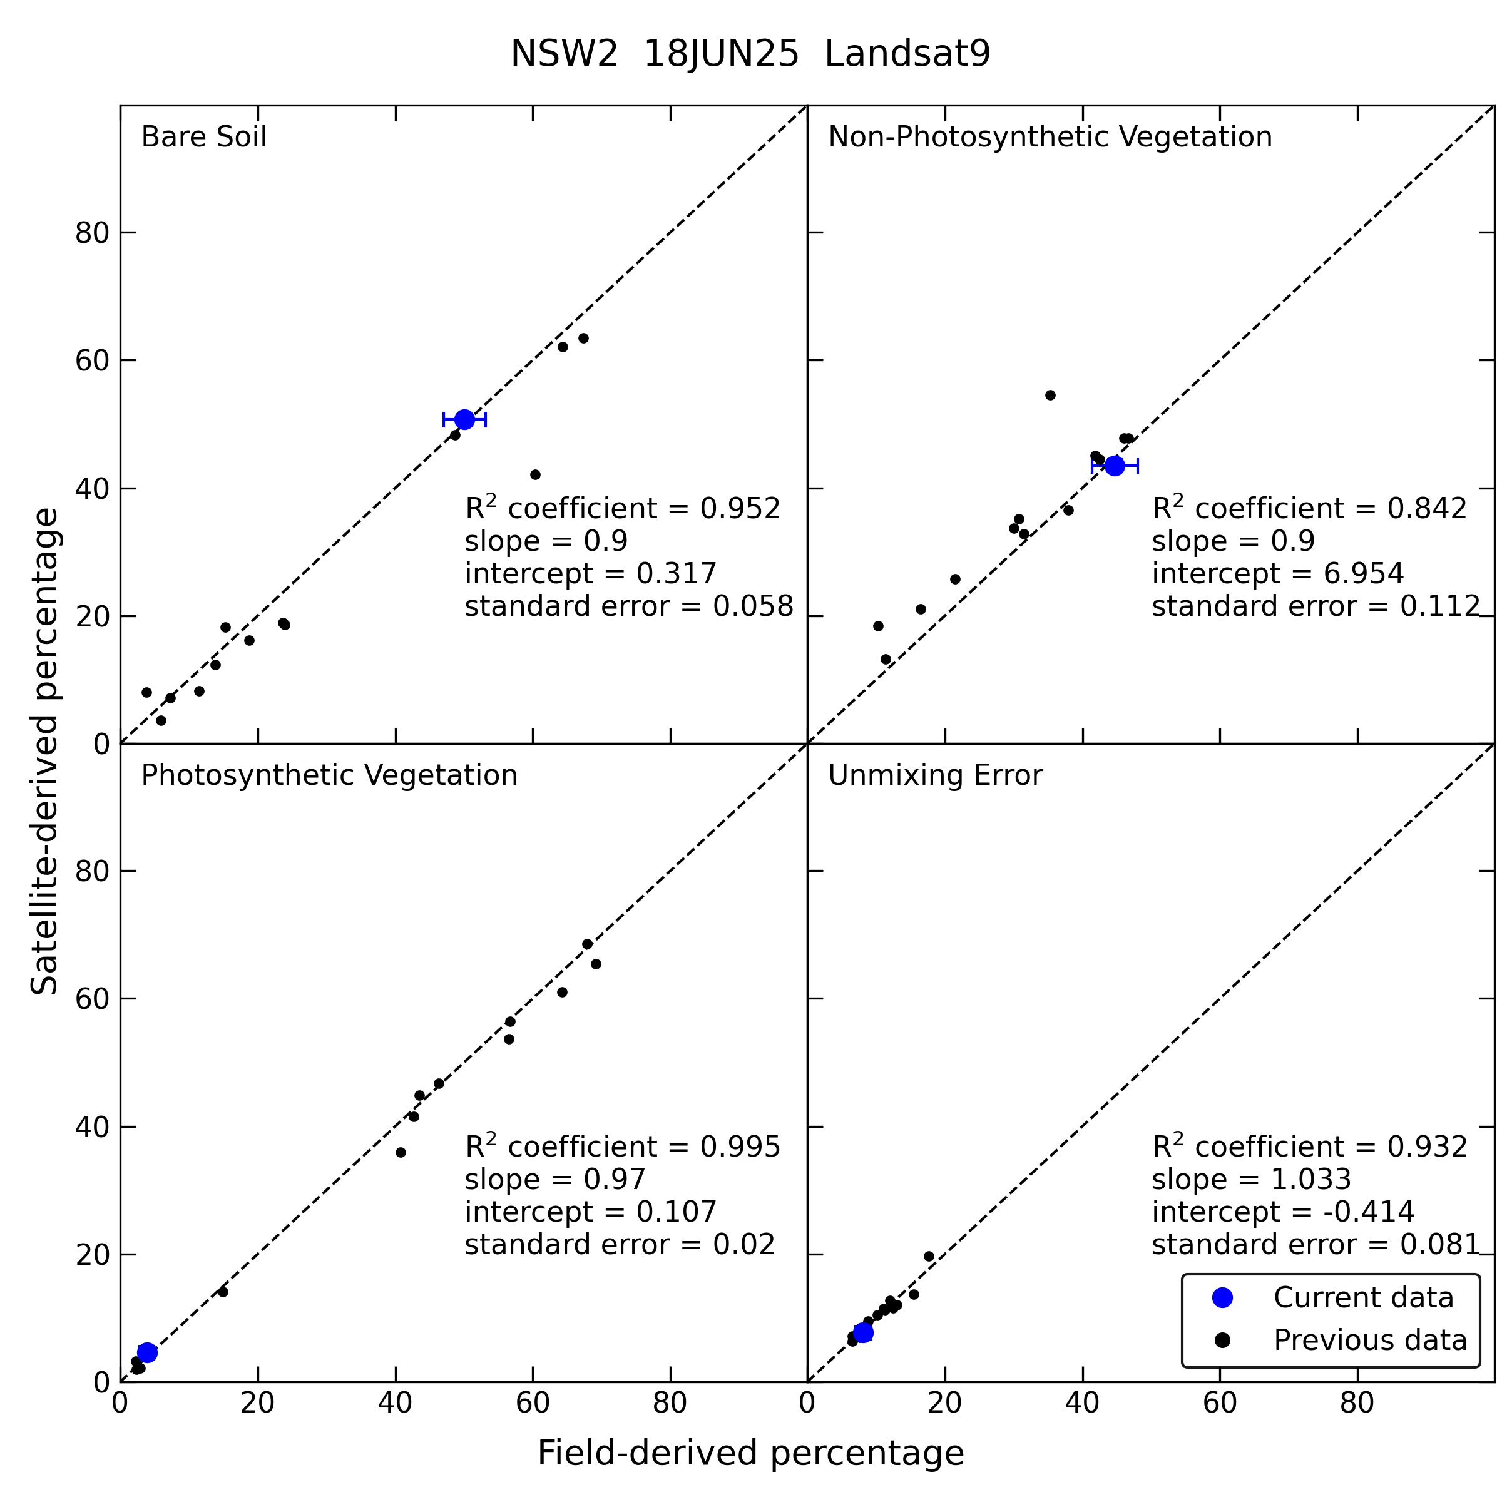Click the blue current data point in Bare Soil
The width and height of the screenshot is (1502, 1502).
tap(464, 420)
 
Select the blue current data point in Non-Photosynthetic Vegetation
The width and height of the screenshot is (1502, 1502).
tap(1115, 466)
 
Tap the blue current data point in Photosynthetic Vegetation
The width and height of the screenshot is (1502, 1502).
tap(147, 1352)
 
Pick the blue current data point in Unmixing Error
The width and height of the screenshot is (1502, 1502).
tap(863, 1332)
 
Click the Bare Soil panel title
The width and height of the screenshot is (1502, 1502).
tap(203, 137)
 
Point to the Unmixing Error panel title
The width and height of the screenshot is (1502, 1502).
tap(934, 775)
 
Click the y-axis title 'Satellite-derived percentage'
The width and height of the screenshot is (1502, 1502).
tap(44, 751)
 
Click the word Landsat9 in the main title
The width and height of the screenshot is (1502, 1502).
tap(907, 54)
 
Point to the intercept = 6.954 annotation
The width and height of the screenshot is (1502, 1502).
tap(1277, 573)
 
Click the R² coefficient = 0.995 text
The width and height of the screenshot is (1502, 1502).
tap(622, 1146)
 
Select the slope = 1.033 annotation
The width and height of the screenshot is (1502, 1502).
tap(1251, 1179)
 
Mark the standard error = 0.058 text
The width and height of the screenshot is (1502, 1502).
tap(629, 606)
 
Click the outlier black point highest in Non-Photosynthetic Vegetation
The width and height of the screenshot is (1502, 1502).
tap(1050, 395)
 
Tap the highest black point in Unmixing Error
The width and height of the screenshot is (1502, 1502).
tap(929, 1256)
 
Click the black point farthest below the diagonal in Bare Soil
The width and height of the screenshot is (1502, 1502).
tap(535, 475)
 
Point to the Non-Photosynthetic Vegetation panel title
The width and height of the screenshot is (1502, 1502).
tap(1050, 137)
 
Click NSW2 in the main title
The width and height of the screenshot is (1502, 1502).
tap(564, 54)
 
